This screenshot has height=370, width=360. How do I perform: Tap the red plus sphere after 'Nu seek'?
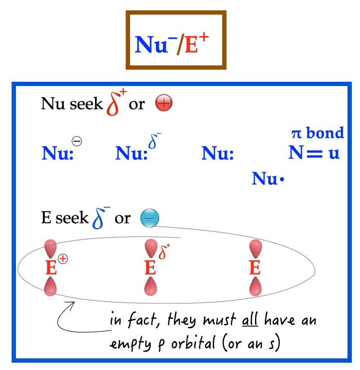point(164,104)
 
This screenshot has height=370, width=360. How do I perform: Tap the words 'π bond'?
point(318,133)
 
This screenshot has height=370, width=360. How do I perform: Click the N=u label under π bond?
point(314,153)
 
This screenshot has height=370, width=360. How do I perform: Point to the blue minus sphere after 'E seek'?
point(149,219)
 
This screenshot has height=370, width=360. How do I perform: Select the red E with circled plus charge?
point(51,268)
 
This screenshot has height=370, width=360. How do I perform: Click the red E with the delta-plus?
point(150,268)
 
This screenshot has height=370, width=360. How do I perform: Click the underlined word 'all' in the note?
point(250,321)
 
